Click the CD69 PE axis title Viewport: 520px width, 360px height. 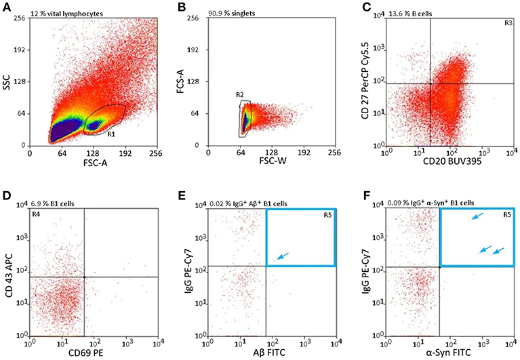[x=94, y=353]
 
